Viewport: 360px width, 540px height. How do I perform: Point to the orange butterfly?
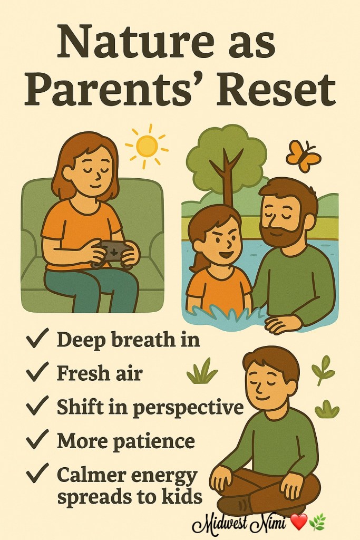304,156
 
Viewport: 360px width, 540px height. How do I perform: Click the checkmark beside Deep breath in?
37,339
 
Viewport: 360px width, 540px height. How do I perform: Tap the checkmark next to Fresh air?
37,372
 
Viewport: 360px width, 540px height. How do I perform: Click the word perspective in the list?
188,408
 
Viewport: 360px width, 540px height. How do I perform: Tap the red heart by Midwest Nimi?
298,522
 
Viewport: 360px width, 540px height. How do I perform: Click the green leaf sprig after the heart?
317,522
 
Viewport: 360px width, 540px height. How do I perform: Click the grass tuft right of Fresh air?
202,372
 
